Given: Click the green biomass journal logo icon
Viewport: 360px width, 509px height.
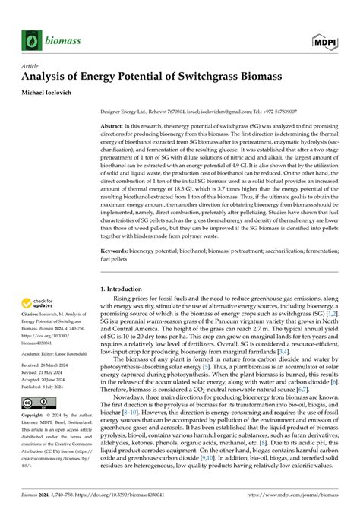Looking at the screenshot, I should tap(33, 40).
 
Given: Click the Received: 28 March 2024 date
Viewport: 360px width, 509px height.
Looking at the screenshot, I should tap(54, 367).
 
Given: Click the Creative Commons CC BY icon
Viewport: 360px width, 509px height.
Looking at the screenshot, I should tap(38, 403).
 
